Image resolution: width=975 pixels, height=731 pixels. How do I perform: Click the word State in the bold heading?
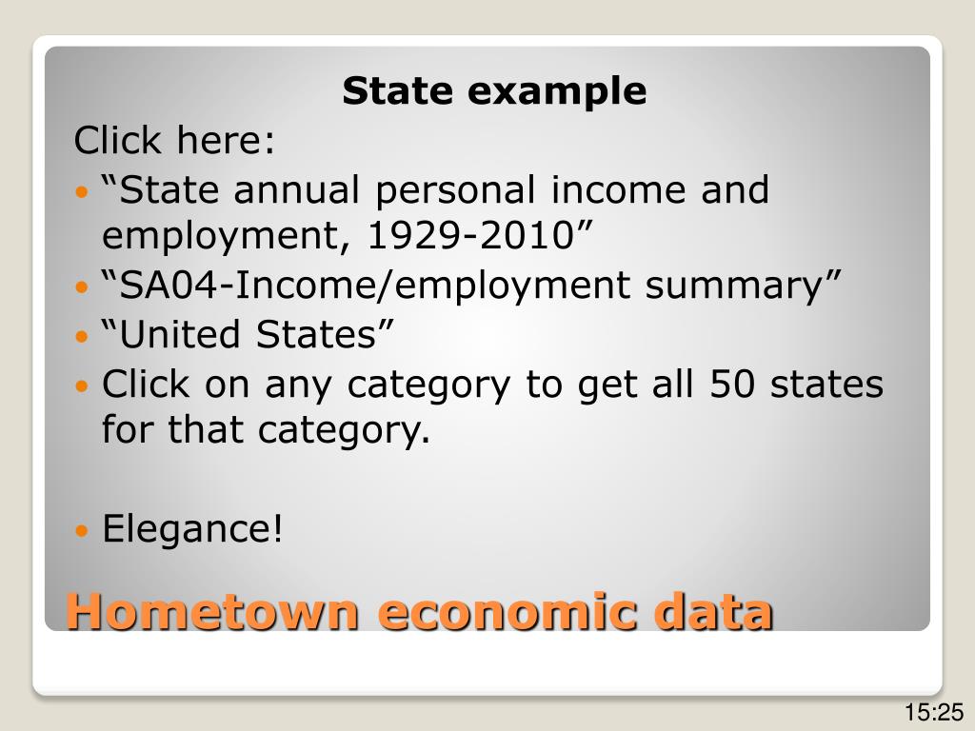[393, 91]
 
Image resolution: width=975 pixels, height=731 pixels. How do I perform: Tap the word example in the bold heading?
[557, 91]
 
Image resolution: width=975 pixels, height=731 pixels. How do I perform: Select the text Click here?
[175, 142]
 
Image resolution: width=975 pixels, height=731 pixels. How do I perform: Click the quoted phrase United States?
[249, 335]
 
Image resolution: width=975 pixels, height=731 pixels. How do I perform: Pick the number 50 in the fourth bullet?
[733, 385]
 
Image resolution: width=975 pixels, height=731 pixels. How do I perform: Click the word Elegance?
[193, 528]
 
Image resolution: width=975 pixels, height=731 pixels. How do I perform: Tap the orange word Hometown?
[212, 610]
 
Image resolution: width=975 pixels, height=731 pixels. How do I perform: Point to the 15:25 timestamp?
[935, 712]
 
